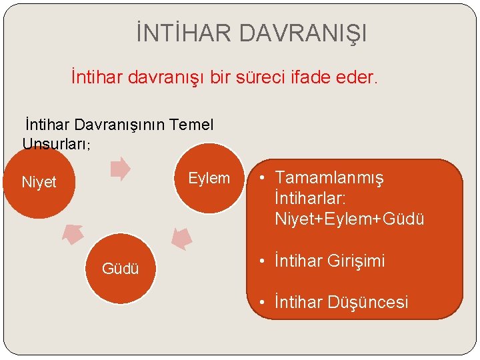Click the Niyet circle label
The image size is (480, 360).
39,182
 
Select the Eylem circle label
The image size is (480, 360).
209,178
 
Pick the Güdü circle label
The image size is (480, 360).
120,269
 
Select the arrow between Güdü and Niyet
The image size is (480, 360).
73,234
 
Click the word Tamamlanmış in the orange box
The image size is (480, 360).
329,178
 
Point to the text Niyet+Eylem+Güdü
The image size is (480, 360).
349,219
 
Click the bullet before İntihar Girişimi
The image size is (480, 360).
264,261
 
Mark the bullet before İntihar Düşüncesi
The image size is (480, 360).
264,302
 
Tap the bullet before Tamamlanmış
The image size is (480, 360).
264,178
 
